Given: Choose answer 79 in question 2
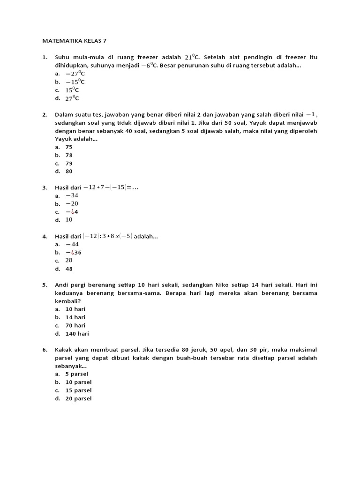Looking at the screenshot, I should (69, 164).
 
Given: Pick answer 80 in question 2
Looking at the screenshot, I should (69, 172).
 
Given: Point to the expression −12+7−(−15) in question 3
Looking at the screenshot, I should (111, 187).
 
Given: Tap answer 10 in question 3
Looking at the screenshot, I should (69, 220).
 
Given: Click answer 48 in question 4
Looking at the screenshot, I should (69, 269).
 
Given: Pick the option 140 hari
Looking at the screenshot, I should (77, 334).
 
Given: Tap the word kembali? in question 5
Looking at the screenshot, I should (70, 301).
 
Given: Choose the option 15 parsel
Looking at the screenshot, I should (78, 390).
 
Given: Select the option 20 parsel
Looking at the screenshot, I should (78, 398).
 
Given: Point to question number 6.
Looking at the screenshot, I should (45, 350).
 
